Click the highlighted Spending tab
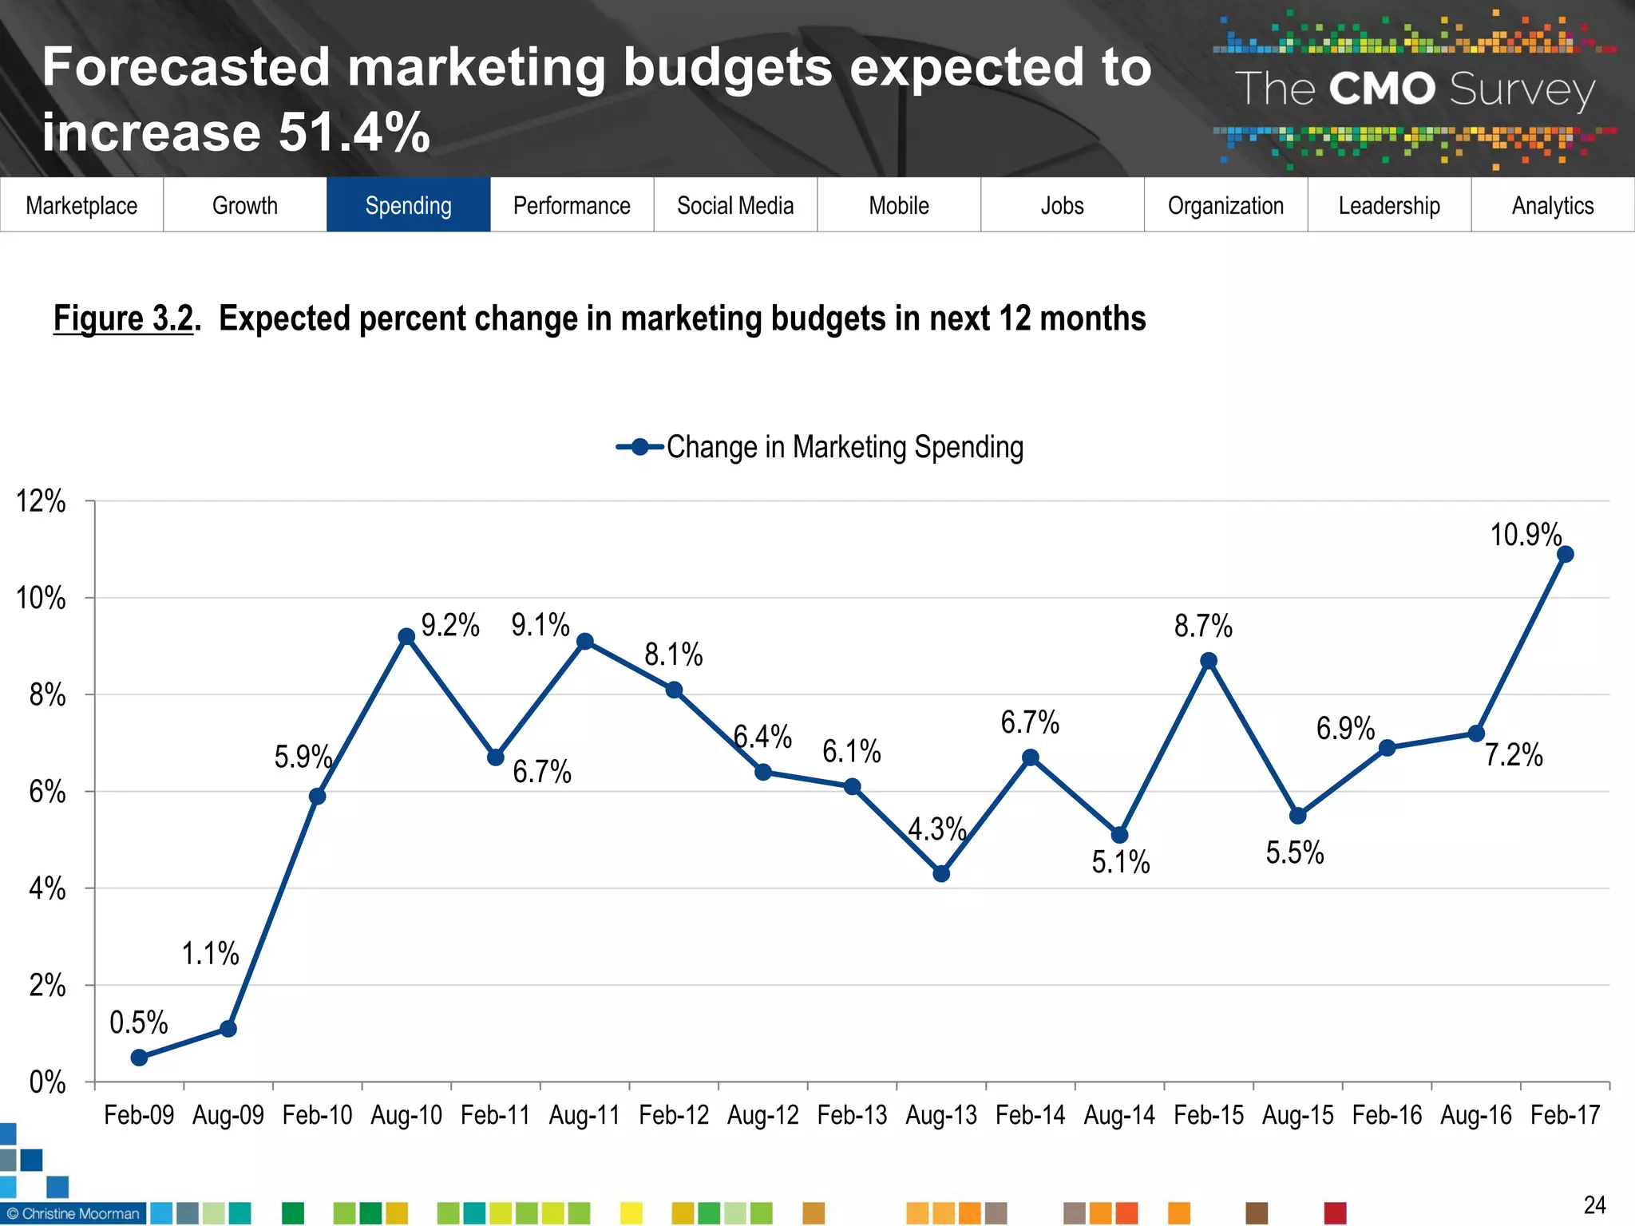click(408, 205)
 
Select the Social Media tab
click(735, 205)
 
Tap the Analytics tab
click(1552, 205)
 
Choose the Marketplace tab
click(81, 205)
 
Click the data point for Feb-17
click(1565, 554)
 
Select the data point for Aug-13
click(941, 873)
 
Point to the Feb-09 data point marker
click(139, 1058)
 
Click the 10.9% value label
click(1525, 534)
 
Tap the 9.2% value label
click(450, 625)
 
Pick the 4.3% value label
click(936, 829)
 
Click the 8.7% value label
click(1202, 626)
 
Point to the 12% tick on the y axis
click(42, 501)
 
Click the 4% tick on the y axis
click(47, 888)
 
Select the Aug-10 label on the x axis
click(406, 1114)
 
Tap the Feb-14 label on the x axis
click(1030, 1114)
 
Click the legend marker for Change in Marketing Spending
click(640, 447)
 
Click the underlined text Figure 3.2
click(123, 318)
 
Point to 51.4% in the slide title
click(354, 132)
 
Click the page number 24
click(1594, 1204)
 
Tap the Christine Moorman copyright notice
click(73, 1213)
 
